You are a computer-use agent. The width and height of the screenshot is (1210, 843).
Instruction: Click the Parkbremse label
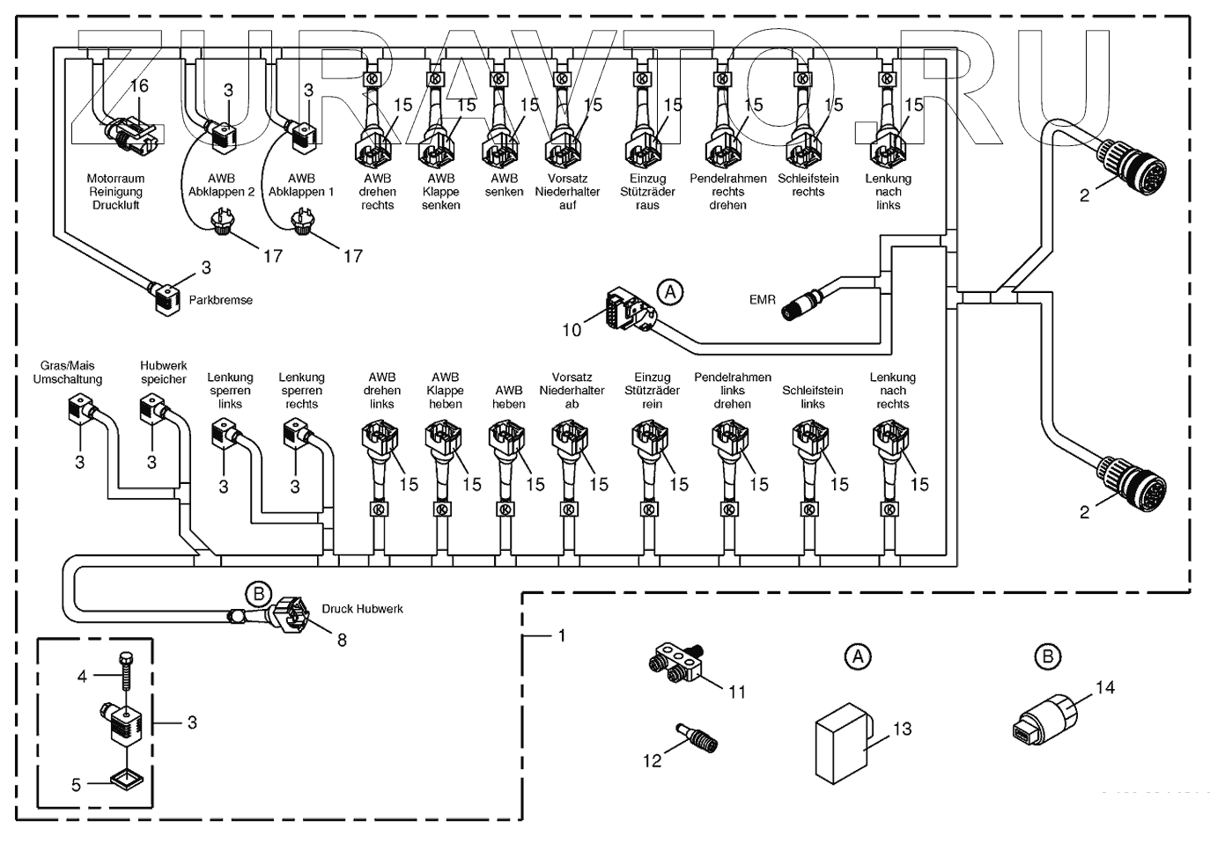[220, 300]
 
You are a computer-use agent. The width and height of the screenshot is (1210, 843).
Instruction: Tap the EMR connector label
[762, 300]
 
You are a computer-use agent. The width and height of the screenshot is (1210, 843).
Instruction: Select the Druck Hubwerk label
[362, 609]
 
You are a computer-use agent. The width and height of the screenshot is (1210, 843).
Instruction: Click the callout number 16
[139, 86]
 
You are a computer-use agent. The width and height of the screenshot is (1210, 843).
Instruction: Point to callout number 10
[572, 330]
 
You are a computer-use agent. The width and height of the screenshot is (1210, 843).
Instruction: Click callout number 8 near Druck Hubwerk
[342, 641]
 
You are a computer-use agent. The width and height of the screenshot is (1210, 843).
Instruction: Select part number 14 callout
[1104, 687]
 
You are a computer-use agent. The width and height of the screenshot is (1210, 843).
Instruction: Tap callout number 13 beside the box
[902, 729]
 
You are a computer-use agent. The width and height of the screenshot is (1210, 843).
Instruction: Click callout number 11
[737, 692]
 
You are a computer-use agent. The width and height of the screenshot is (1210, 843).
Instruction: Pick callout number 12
[652, 759]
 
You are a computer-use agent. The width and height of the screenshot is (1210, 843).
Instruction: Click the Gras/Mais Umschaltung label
[68, 372]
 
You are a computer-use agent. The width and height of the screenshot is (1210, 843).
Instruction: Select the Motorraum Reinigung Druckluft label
[115, 192]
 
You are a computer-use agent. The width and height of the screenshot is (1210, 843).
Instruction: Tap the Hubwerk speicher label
[164, 372]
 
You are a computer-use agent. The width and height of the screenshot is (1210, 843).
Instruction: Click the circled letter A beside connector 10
[671, 291]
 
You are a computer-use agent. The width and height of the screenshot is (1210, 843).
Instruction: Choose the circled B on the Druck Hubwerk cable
[258, 594]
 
